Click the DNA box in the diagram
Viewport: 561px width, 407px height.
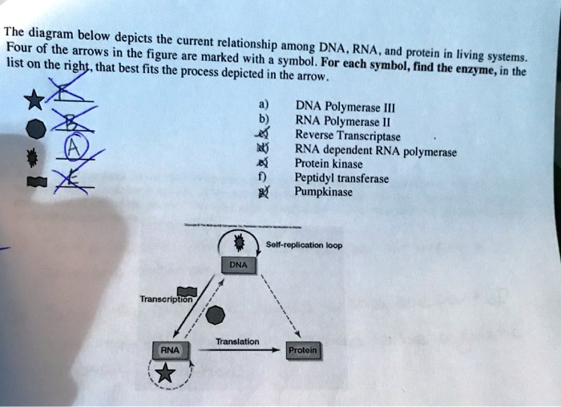238,264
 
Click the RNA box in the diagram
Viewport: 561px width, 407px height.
170,350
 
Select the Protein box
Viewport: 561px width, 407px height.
304,350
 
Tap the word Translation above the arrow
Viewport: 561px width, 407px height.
236,341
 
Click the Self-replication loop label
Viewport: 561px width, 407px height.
304,244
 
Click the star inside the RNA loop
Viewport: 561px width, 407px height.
164,371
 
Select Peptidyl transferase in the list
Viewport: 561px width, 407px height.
341,178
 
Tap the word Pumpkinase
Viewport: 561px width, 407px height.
323,192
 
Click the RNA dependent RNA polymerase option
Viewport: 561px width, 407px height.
375,150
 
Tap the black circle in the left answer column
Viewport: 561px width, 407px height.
34,128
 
